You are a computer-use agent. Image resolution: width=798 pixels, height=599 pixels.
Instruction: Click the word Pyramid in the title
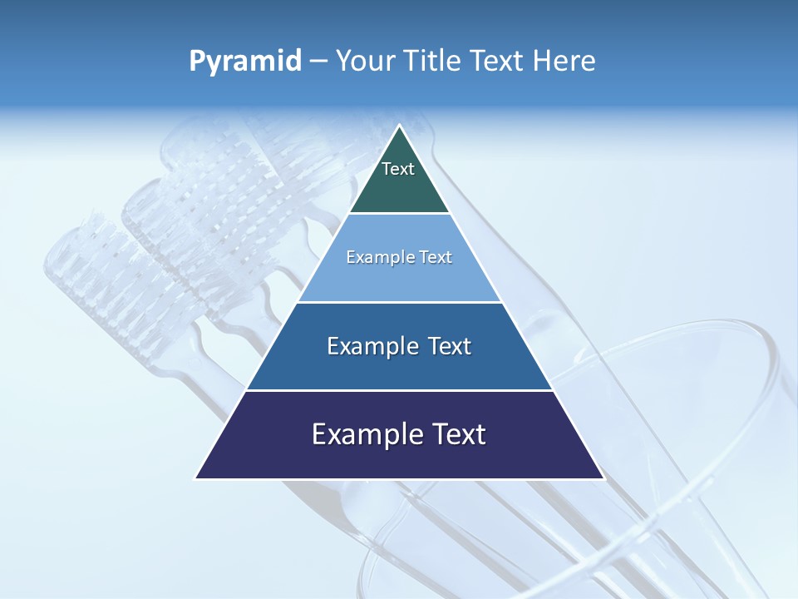[x=244, y=62]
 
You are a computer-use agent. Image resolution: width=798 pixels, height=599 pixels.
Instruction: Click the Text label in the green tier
[x=398, y=169]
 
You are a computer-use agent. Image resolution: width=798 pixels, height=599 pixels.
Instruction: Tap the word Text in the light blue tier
[x=435, y=258]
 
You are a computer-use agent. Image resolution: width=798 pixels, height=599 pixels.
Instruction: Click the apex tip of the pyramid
[x=399, y=126]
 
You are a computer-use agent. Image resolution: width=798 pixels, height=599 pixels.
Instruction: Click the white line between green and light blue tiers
[x=399, y=214]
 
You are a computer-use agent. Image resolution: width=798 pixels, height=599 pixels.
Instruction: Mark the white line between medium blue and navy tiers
[x=399, y=390]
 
